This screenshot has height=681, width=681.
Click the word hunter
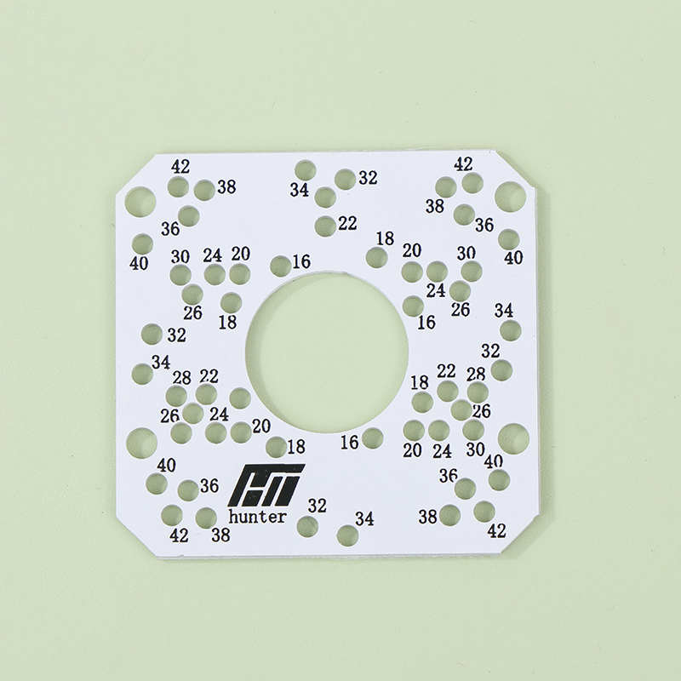(x=258, y=517)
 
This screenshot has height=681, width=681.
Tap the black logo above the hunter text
(x=266, y=485)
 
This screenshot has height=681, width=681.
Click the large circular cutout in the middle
(x=327, y=352)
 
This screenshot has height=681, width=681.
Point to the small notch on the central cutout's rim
(x=346, y=273)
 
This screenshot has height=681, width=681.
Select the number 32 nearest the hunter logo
(x=317, y=506)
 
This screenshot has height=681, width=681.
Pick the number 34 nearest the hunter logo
(x=364, y=518)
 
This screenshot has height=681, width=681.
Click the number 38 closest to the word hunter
(x=220, y=535)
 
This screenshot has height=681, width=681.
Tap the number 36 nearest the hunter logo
(x=209, y=485)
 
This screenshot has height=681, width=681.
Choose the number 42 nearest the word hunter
(x=179, y=536)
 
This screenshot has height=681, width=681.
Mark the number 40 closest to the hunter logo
(x=166, y=466)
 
